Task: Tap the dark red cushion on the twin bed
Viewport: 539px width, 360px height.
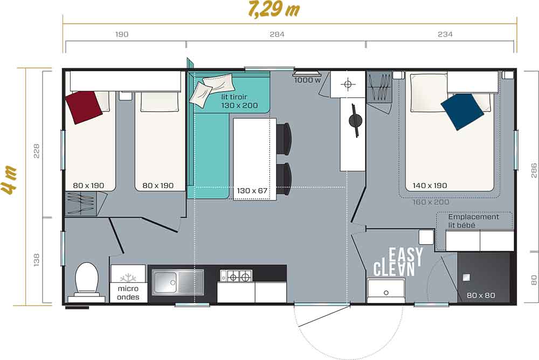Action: tap(84, 107)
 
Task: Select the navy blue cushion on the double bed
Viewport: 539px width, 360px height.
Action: tap(462, 112)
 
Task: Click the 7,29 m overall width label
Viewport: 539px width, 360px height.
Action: tap(274, 9)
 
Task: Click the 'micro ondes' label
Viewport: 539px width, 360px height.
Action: tap(128, 293)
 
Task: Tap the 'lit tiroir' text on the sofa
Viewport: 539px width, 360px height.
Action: tap(234, 96)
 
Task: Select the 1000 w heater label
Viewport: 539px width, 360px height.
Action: tap(307, 80)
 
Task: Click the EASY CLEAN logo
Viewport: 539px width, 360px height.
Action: tap(398, 262)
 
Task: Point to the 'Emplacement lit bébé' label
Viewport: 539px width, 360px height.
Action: tap(473, 221)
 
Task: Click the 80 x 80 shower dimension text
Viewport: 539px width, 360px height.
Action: tap(481, 295)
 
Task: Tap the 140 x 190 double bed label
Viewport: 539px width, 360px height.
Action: tap(430, 185)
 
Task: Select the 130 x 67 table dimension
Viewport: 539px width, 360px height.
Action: tap(252, 190)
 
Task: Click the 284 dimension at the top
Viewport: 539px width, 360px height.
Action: tap(277, 34)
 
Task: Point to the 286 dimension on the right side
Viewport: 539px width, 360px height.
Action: tap(534, 170)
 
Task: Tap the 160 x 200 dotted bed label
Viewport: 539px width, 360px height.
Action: tap(431, 202)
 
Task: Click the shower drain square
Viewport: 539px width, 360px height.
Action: tap(466, 278)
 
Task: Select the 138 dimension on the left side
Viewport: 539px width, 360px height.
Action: tap(37, 260)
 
